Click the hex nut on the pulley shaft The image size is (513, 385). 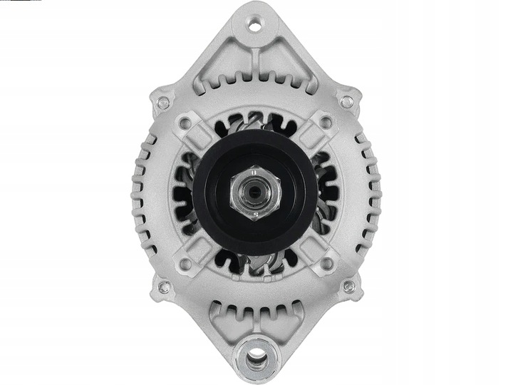(x=255, y=193)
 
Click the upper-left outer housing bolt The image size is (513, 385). (x=163, y=102)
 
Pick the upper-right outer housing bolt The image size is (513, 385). (x=347, y=102)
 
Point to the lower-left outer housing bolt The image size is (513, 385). (x=164, y=287)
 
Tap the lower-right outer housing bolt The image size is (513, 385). (x=348, y=287)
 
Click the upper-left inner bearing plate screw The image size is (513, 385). (x=185, y=123)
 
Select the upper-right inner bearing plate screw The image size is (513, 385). (x=326, y=123)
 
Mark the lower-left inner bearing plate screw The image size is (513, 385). (x=185, y=265)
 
